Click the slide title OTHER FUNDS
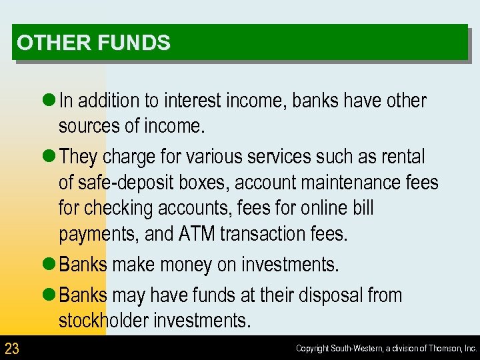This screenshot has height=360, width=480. (x=94, y=43)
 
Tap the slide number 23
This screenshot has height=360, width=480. (x=12, y=348)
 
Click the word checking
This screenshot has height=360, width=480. (x=117, y=208)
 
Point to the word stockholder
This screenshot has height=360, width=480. (x=107, y=321)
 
